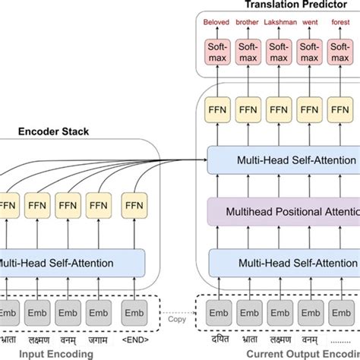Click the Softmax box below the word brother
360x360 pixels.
(x=248, y=53)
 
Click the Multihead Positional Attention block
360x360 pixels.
(x=281, y=210)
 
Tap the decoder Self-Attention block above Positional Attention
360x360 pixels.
(x=281, y=160)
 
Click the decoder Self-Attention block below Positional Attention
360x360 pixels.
(x=281, y=263)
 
